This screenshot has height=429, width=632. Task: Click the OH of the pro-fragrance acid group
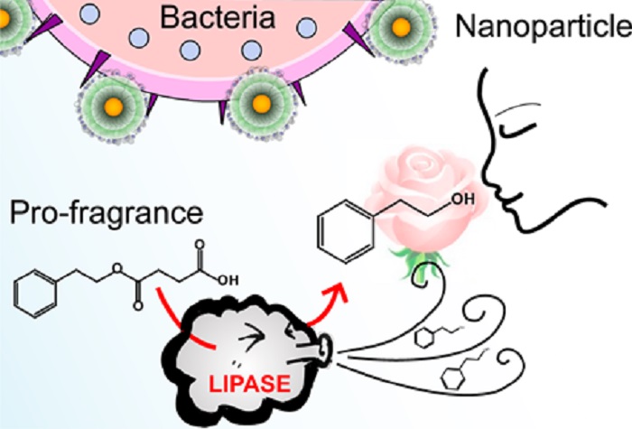[228, 280]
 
